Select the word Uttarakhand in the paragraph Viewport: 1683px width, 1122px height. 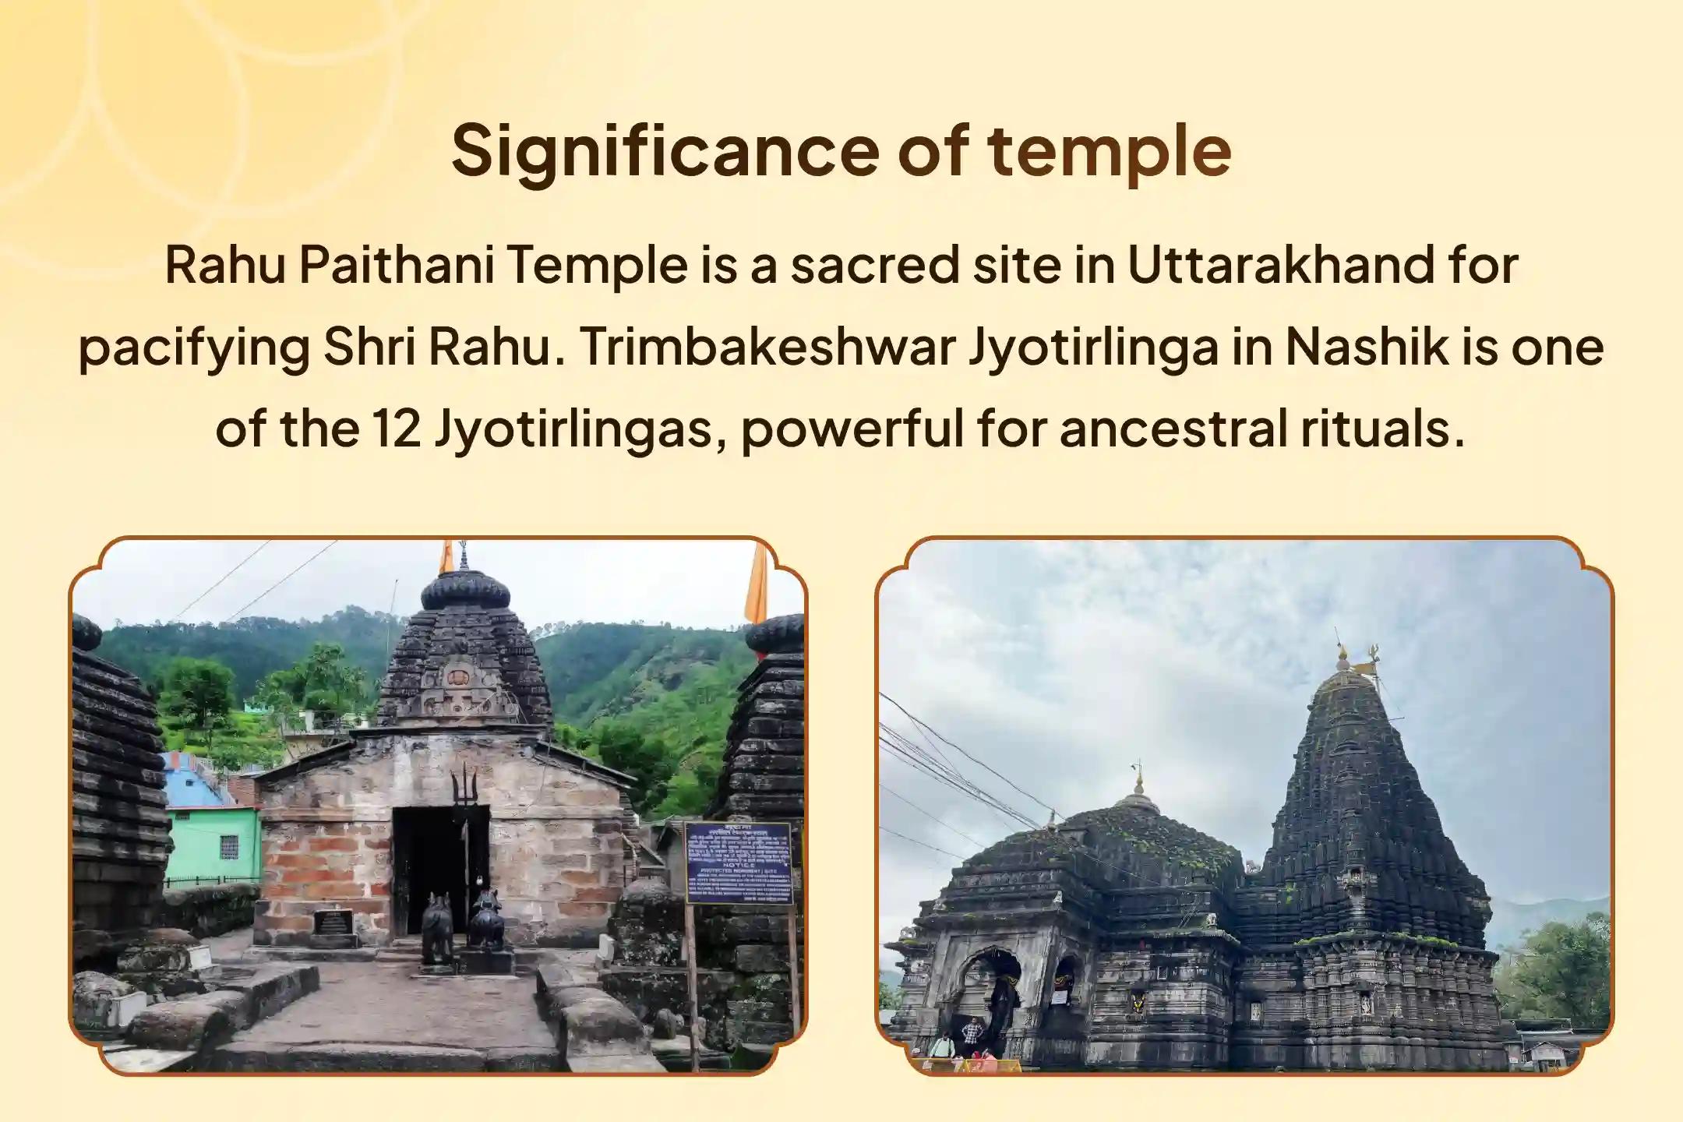click(x=1279, y=265)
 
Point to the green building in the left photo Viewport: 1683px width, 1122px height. click(x=212, y=841)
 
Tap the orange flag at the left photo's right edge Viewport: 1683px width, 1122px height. click(x=756, y=584)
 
